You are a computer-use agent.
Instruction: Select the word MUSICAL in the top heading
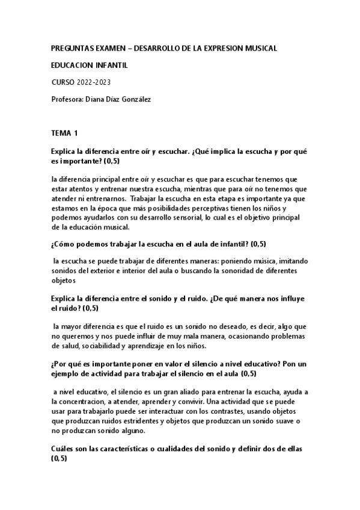pos(258,48)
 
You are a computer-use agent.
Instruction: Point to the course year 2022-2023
pos(93,82)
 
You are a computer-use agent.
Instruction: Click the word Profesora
pos(69,99)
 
